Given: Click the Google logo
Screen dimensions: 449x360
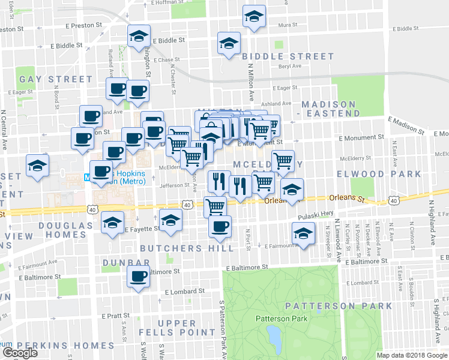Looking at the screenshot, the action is [20, 352].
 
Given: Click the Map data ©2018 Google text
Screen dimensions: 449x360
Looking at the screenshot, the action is [412, 355].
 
